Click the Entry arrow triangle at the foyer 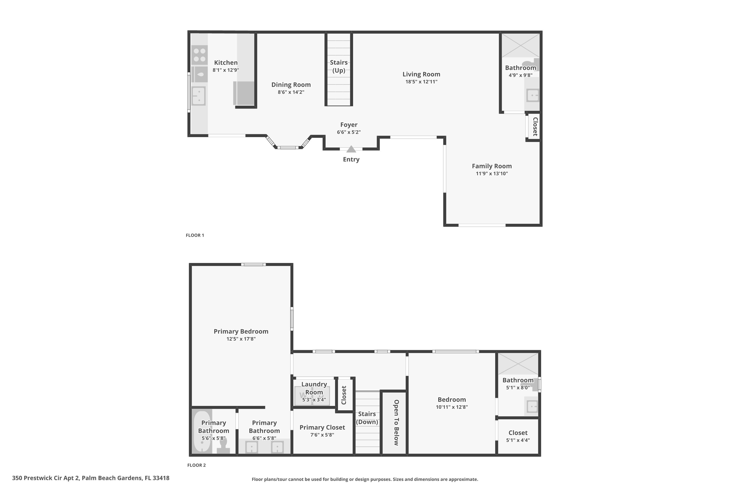pos(351,150)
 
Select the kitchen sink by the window pos(199,96)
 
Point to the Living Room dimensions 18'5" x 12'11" pos(421,82)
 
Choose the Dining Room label pos(291,85)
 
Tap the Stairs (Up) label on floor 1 pos(339,66)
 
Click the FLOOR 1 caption pos(195,235)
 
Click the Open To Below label pos(396,422)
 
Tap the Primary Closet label pos(322,427)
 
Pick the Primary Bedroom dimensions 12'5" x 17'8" pos(241,339)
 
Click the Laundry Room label pos(314,388)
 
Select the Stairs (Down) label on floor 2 pos(367,418)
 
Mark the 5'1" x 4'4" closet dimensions pos(518,440)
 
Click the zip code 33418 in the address pos(161,478)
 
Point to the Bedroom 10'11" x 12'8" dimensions pos(452,407)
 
